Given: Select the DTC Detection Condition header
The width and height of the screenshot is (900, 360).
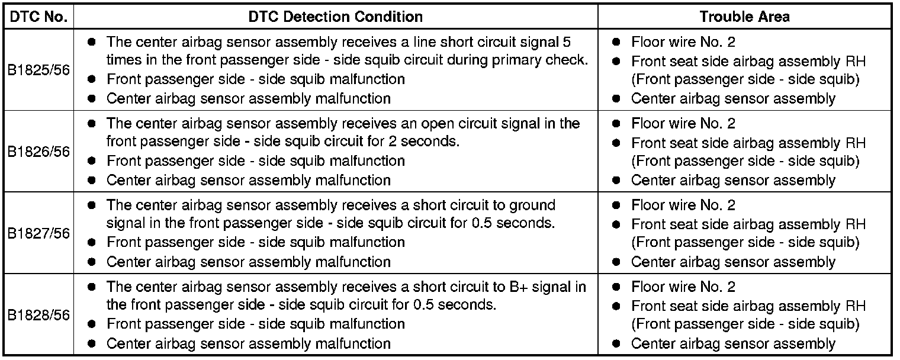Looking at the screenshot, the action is pyautogui.click(x=336, y=17).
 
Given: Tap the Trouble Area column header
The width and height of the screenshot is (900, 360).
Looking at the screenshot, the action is pyautogui.click(x=744, y=17).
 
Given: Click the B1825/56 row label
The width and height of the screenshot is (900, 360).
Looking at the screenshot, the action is pyautogui.click(x=38, y=70).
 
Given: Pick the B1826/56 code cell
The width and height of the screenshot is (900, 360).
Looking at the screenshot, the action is pyautogui.click(x=38, y=152).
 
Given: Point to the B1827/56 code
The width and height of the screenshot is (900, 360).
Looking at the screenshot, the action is pyautogui.click(x=38, y=233).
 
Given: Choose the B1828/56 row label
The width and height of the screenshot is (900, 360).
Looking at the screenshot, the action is pyautogui.click(x=38, y=315).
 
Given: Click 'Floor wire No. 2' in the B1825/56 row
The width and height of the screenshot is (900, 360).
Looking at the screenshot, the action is pyautogui.click(x=683, y=43).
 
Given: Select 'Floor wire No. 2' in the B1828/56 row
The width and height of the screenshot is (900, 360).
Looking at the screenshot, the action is pyautogui.click(x=683, y=287).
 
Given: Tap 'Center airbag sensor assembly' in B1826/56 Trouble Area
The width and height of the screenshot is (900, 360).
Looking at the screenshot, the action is pyautogui.click(x=733, y=180).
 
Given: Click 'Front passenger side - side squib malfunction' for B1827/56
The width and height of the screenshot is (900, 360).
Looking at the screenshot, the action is pyautogui.click(x=255, y=242).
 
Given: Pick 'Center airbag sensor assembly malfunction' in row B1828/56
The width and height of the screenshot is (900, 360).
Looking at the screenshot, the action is pyautogui.click(x=248, y=343).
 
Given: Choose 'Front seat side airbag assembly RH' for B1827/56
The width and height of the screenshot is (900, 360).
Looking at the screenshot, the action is pyautogui.click(x=748, y=224).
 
